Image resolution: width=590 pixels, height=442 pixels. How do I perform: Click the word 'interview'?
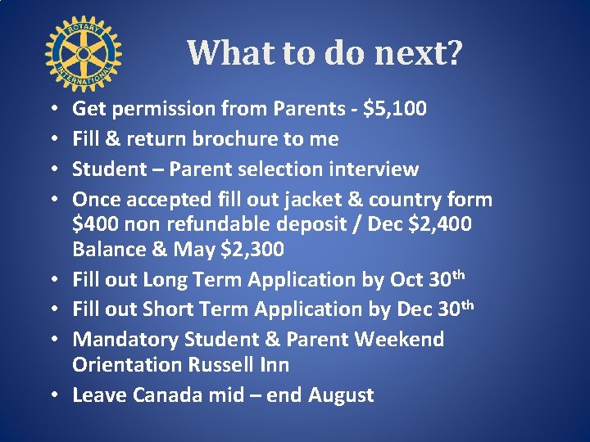click(x=373, y=169)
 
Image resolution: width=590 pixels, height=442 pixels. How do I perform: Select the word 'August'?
click(x=341, y=395)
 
